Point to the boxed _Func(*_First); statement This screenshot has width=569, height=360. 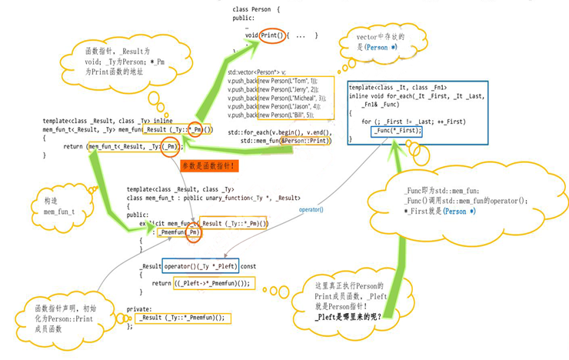pos(397,132)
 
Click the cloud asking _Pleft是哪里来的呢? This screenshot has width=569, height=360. pos(351,300)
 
